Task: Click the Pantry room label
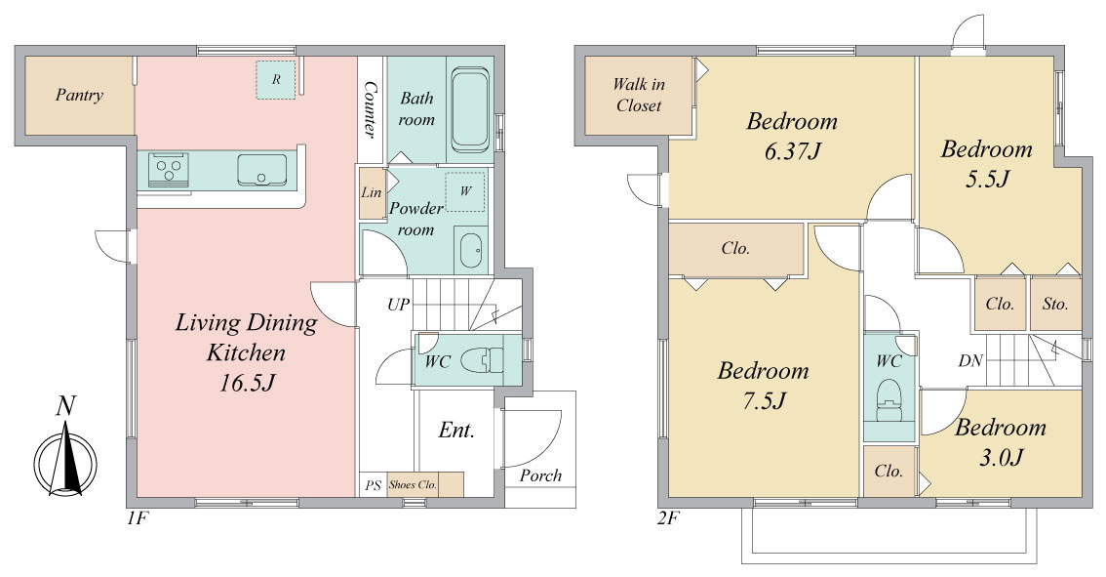(x=79, y=96)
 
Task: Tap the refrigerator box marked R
(x=276, y=80)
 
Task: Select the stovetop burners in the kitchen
(x=170, y=170)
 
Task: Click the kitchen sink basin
(x=261, y=170)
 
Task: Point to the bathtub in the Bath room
(x=470, y=109)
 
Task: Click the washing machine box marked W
(x=465, y=190)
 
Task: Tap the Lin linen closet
(x=371, y=192)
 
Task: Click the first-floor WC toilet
(x=483, y=361)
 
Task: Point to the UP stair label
(x=398, y=305)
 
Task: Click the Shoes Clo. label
(x=413, y=484)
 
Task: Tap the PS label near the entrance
(x=373, y=485)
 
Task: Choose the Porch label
(x=540, y=475)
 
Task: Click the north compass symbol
(x=65, y=450)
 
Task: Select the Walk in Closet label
(x=639, y=96)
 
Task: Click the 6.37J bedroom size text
(x=792, y=151)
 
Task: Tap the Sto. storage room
(x=1055, y=304)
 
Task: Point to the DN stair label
(x=970, y=361)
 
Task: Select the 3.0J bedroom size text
(x=1001, y=458)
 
